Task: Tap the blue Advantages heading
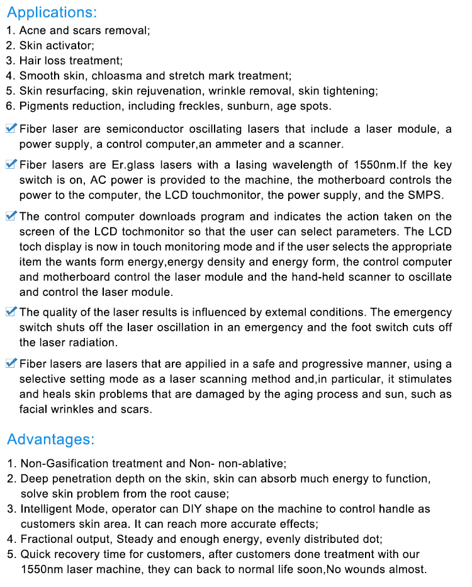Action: pos(51,439)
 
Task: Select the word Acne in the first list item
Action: pos(31,30)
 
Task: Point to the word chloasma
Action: pos(119,76)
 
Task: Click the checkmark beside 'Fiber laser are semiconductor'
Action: pos(11,128)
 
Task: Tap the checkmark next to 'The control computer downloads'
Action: pos(11,216)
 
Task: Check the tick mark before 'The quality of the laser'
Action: pos(11,312)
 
